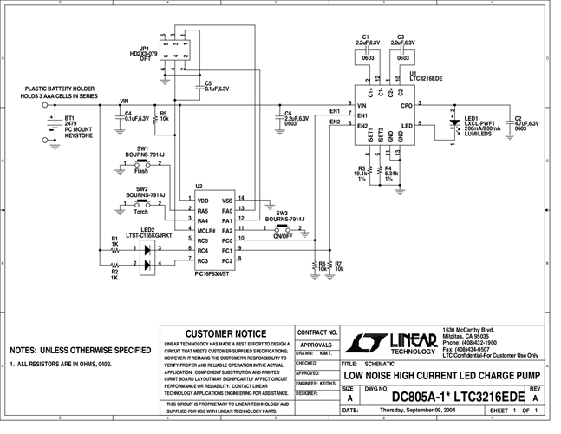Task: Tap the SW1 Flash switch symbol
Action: (141, 161)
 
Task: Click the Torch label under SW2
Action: (140, 211)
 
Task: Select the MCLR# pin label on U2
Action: (205, 231)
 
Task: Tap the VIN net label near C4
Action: (123, 101)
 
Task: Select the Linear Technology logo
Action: (390, 340)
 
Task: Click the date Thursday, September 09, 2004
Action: (413, 409)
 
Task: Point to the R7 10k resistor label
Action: (339, 266)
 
